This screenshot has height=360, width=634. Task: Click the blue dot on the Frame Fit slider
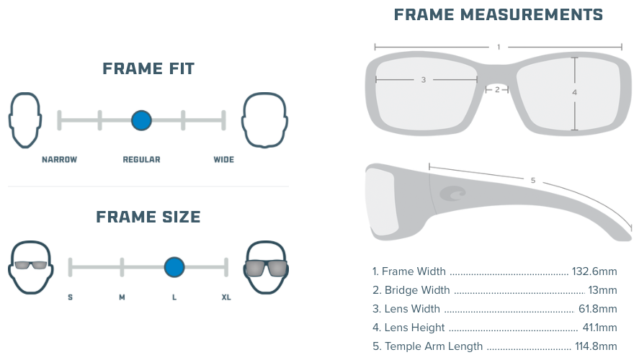pyautogui.click(x=141, y=120)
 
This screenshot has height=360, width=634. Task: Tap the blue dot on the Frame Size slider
pyautogui.click(x=174, y=267)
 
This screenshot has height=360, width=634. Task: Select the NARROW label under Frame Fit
pyautogui.click(x=59, y=160)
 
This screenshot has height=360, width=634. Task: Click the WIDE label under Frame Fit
pyautogui.click(x=223, y=160)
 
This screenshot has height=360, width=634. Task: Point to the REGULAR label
pyautogui.click(x=141, y=160)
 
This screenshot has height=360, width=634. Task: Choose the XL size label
pyautogui.click(x=226, y=297)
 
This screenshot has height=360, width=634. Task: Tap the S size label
pyautogui.click(x=71, y=297)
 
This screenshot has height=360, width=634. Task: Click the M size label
pyautogui.click(x=122, y=297)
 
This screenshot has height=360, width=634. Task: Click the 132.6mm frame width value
pyautogui.click(x=594, y=271)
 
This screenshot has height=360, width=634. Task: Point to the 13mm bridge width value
pyautogui.click(x=602, y=290)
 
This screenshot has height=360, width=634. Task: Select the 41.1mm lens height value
pyautogui.click(x=599, y=328)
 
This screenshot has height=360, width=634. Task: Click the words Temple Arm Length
pyautogui.click(x=434, y=346)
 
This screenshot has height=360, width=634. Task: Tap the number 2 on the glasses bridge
pyautogui.click(x=497, y=90)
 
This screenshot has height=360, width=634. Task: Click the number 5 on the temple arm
pyautogui.click(x=533, y=180)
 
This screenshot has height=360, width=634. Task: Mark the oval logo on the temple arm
pyautogui.click(x=453, y=193)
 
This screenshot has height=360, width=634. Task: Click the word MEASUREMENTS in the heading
pyautogui.click(x=531, y=15)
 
